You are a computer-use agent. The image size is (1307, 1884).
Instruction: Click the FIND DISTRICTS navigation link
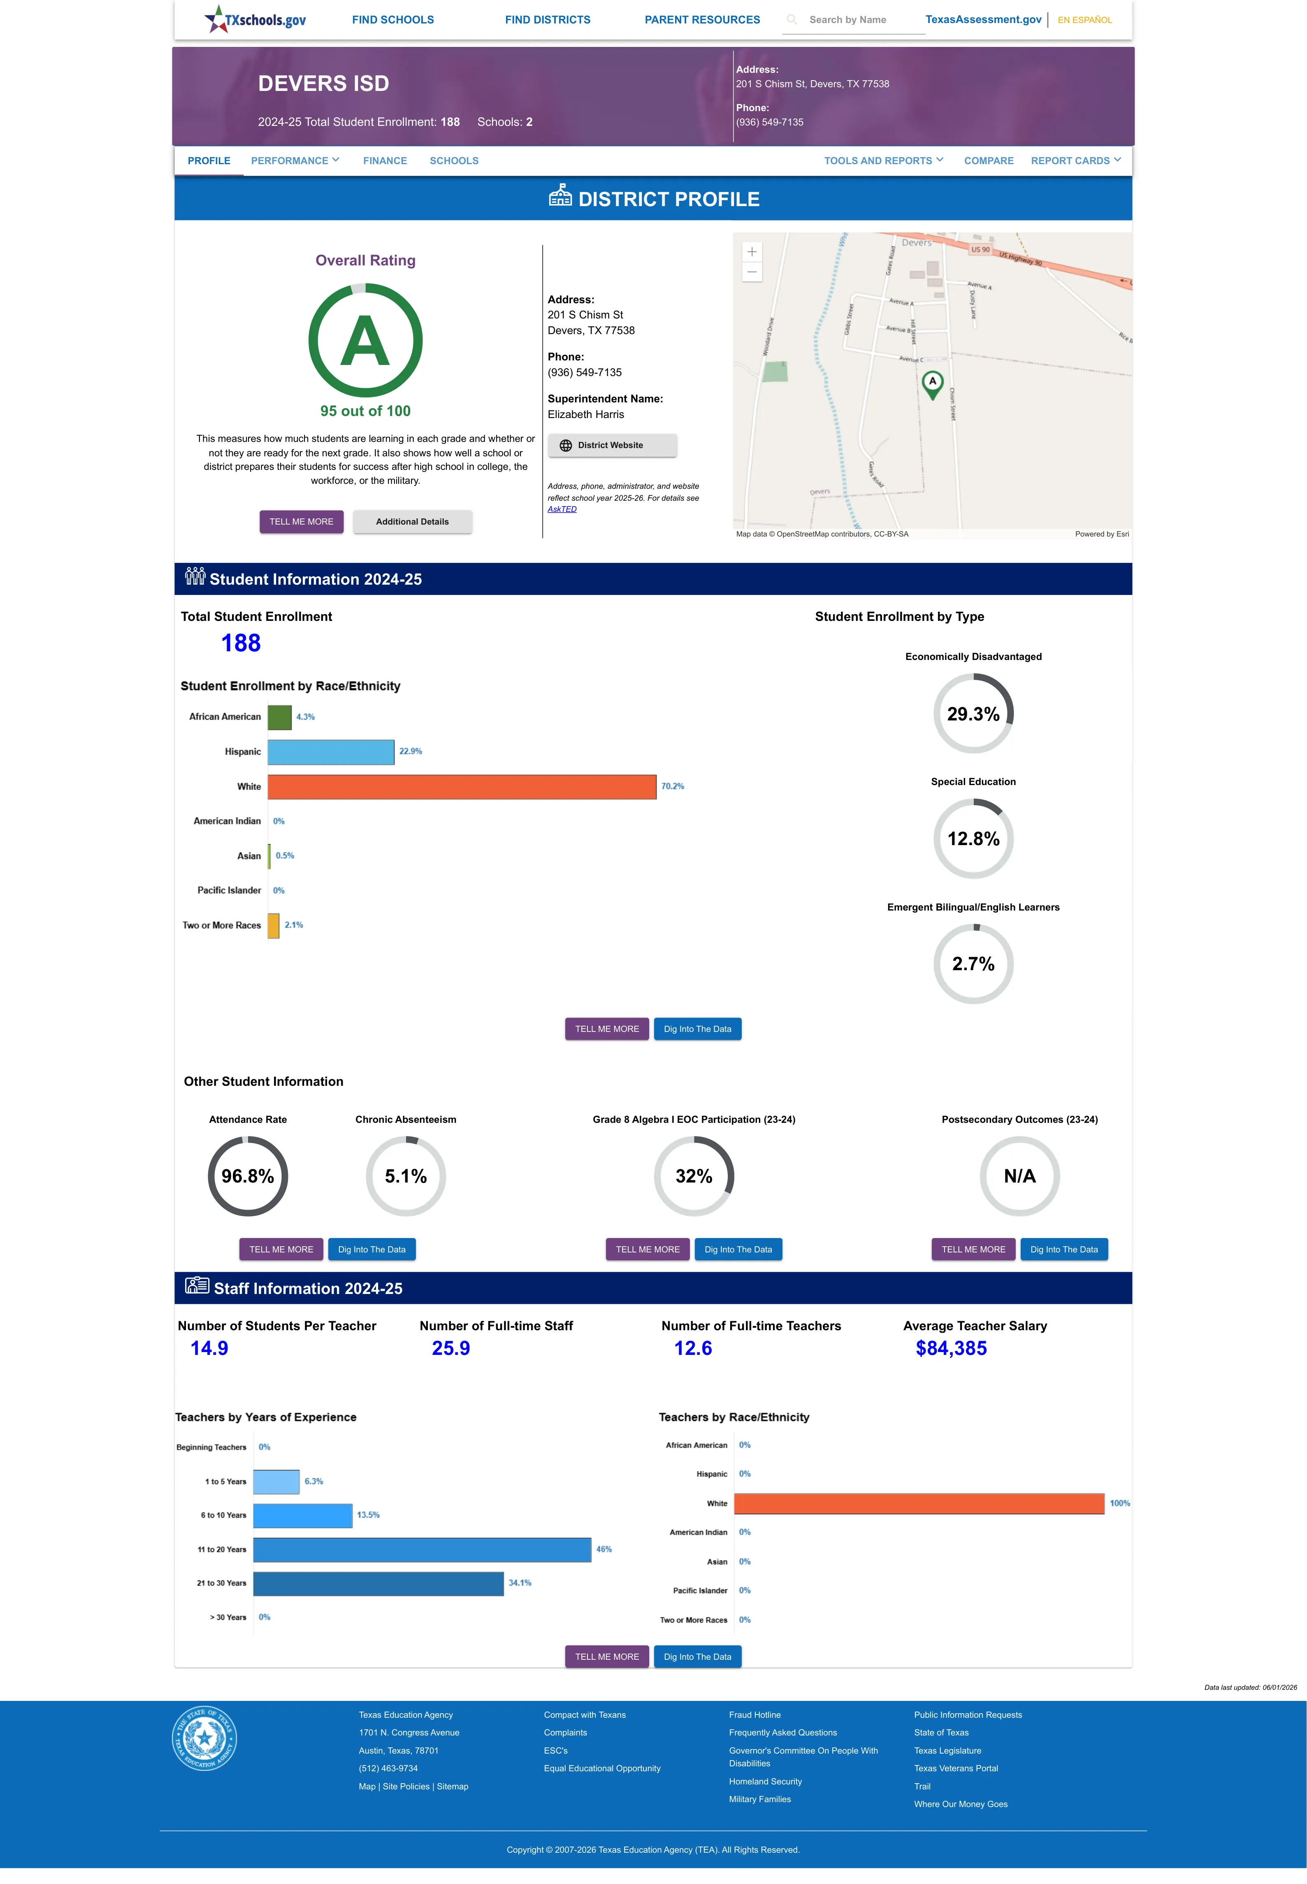click(x=547, y=20)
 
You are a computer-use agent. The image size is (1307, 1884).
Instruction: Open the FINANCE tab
click(x=385, y=160)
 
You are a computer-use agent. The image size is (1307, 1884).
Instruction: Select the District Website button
click(x=612, y=446)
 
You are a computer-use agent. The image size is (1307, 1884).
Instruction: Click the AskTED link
click(x=562, y=509)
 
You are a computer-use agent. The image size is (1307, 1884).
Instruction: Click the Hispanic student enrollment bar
click(x=331, y=752)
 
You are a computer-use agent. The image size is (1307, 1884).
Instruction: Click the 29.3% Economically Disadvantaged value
click(x=973, y=714)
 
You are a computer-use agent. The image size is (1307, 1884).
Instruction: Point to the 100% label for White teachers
click(x=1119, y=1503)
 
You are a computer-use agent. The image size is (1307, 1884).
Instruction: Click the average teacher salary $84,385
click(x=951, y=1349)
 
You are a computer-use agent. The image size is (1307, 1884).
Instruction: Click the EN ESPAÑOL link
click(x=1084, y=20)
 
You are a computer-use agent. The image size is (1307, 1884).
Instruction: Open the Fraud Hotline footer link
click(x=754, y=1714)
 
